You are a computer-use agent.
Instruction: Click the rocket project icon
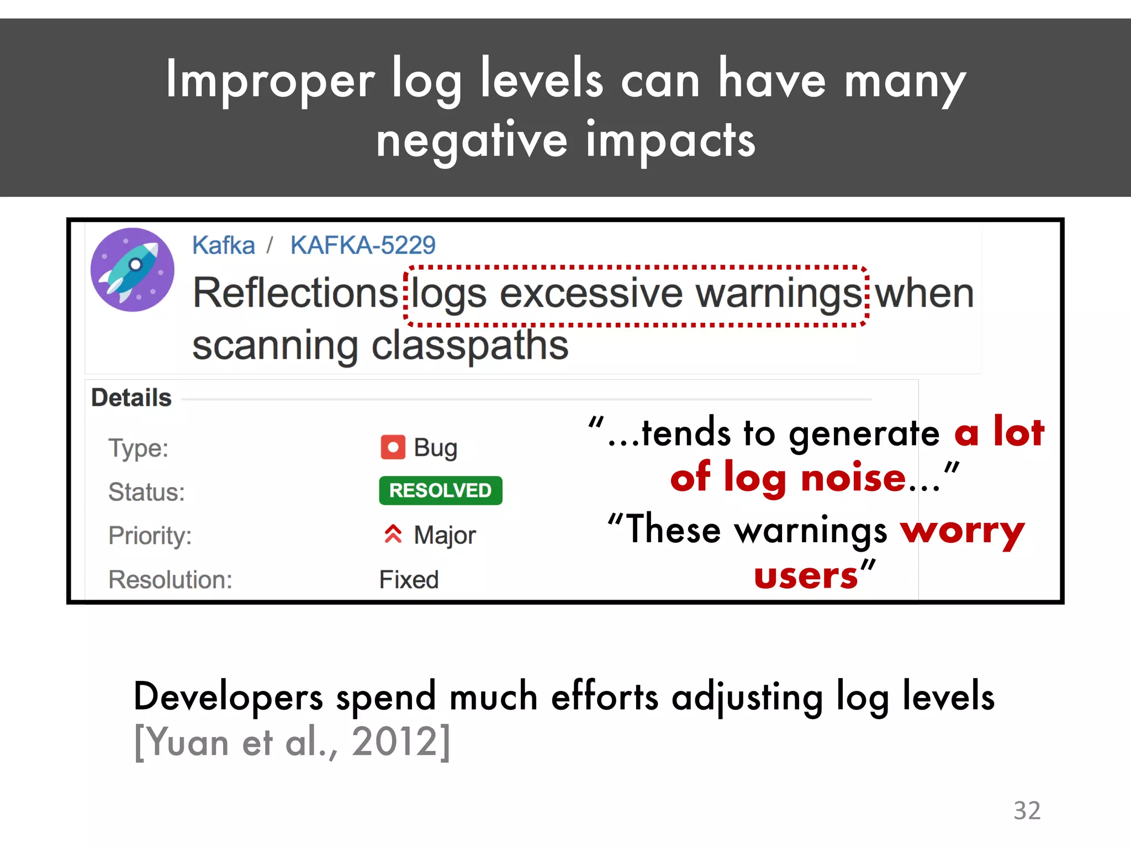(133, 270)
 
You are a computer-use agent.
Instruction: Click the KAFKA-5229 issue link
(363, 245)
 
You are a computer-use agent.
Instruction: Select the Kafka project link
(224, 245)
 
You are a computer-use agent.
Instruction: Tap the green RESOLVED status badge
(440, 490)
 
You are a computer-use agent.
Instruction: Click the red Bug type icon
(393, 447)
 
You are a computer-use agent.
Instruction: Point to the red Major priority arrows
(393, 534)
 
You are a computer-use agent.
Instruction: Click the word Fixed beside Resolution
(409, 580)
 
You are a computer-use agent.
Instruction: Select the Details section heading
(131, 398)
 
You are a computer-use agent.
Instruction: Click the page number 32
(1027, 810)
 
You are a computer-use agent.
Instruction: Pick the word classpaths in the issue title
(470, 346)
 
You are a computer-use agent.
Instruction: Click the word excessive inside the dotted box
(591, 293)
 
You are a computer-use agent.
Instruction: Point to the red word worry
(963, 531)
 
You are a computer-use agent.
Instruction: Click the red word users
(806, 577)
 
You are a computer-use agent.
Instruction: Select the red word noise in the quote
(853, 478)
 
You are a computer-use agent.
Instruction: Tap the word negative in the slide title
(472, 140)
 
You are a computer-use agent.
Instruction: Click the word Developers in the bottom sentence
(228, 696)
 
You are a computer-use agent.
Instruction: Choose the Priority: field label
(150, 536)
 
